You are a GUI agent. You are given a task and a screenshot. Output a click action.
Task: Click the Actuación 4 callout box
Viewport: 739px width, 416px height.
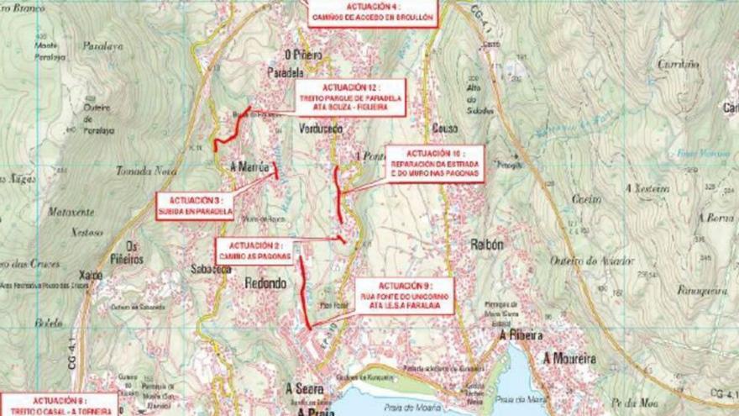click(x=372, y=13)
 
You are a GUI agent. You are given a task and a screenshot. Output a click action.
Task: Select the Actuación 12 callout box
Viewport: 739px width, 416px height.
click(x=350, y=98)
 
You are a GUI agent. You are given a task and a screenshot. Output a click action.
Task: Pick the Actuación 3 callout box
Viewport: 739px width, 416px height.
click(x=195, y=206)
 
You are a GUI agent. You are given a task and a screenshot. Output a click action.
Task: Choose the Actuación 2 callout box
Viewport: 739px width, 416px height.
click(x=253, y=250)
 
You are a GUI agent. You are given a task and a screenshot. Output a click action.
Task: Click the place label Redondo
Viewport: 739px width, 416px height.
click(x=265, y=283)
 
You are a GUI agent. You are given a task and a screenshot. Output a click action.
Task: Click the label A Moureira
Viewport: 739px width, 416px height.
click(x=569, y=359)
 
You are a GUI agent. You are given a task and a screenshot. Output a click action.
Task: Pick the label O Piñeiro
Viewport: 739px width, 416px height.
click(x=303, y=54)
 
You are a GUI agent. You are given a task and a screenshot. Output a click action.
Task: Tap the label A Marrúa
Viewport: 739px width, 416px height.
click(x=249, y=166)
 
